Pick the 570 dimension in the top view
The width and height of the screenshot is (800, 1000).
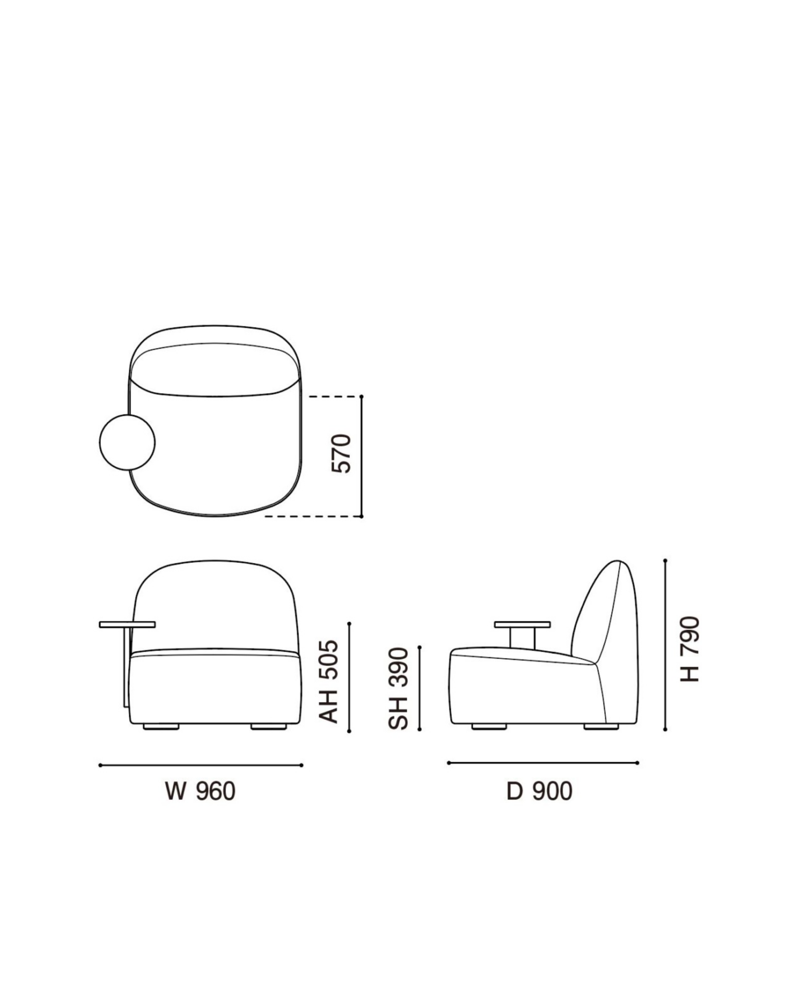tap(342, 453)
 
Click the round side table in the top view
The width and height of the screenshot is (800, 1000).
tap(127, 442)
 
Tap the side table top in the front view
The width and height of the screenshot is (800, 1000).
tap(127, 624)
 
